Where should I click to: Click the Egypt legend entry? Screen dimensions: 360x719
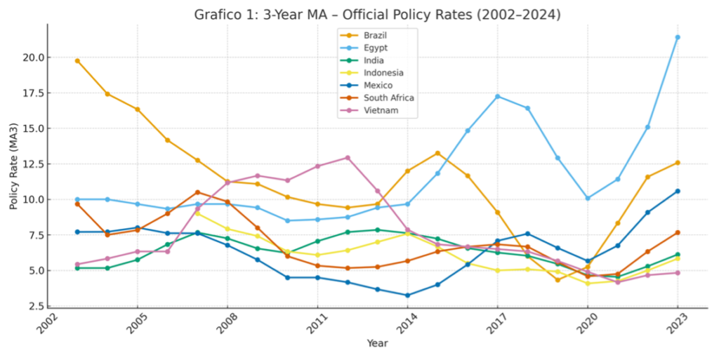376,48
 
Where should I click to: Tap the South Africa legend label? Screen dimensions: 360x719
388,98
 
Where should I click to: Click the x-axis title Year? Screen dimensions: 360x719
376,343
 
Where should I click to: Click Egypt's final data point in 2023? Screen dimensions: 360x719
678,37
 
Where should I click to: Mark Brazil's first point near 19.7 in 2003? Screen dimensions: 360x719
77,61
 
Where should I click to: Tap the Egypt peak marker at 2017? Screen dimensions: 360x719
498,96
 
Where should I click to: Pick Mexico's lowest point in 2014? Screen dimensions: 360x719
407,295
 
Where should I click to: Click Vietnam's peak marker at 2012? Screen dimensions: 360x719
348,158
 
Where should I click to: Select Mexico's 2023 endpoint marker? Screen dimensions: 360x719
678,191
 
